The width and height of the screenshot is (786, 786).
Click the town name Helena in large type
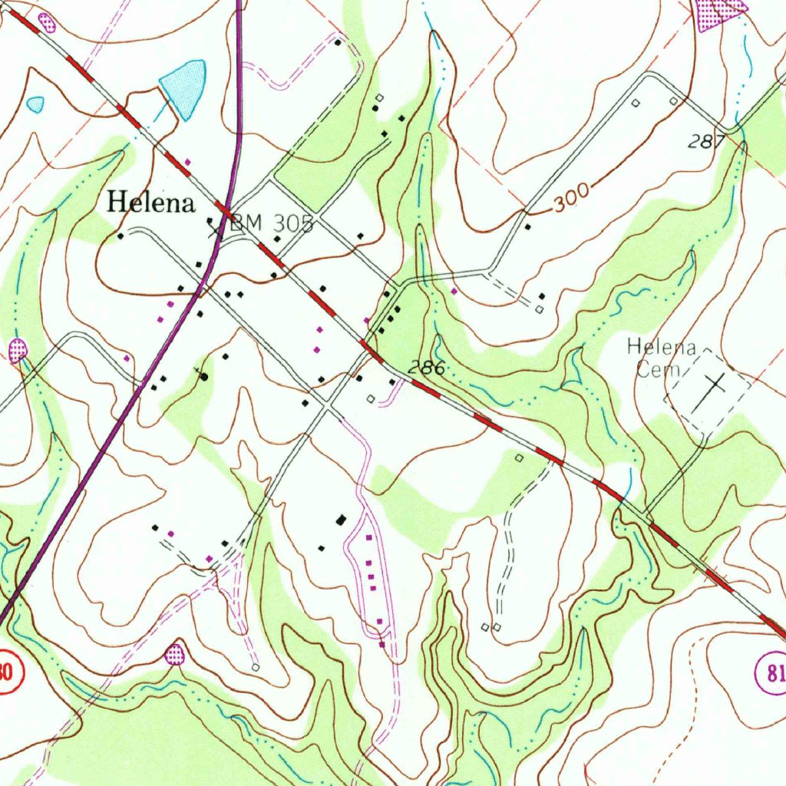pos(150,203)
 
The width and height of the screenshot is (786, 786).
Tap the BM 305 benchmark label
pos(270,224)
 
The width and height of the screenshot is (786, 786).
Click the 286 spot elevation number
pos(427,369)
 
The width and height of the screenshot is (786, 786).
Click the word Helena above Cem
pos(661,347)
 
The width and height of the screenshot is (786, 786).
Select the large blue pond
pos(185,87)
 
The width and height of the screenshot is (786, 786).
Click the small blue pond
pos(35,103)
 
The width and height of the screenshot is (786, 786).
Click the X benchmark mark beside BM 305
pos(216,227)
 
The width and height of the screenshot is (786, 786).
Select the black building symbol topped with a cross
pos(203,376)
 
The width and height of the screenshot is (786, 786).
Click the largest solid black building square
pos(342,520)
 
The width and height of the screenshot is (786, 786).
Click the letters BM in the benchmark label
pos(243,224)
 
